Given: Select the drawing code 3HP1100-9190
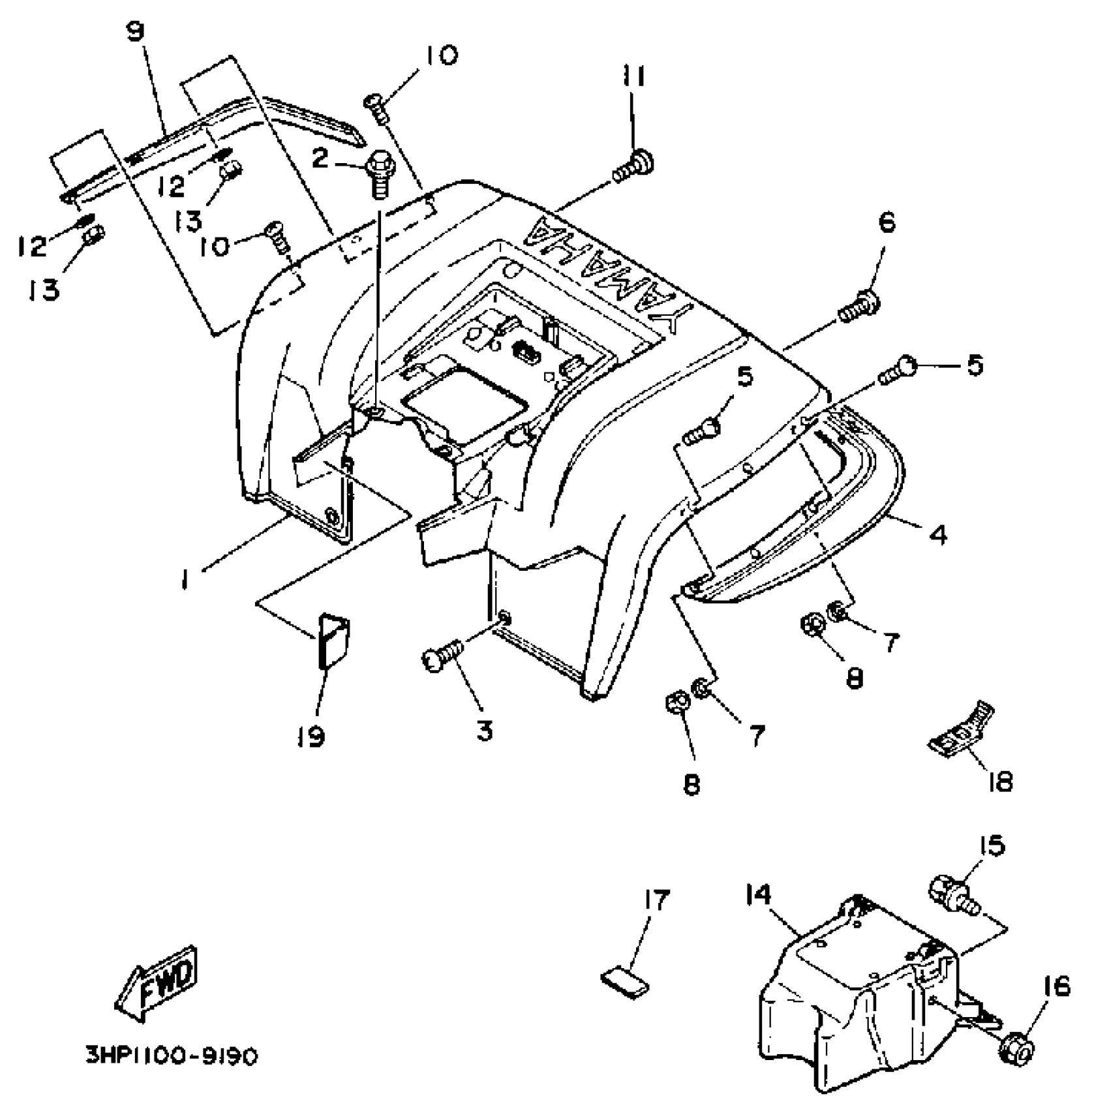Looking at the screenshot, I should tap(172, 1056).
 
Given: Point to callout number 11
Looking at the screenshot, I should tap(632, 77).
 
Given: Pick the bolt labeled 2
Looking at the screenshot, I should tap(378, 171).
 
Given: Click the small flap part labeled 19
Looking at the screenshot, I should tap(333, 641).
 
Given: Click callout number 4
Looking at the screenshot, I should tap(937, 536).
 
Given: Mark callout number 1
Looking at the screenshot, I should tap(186, 579).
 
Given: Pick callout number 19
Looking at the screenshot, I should tap(312, 737).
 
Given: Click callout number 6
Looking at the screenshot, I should tap(887, 223).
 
